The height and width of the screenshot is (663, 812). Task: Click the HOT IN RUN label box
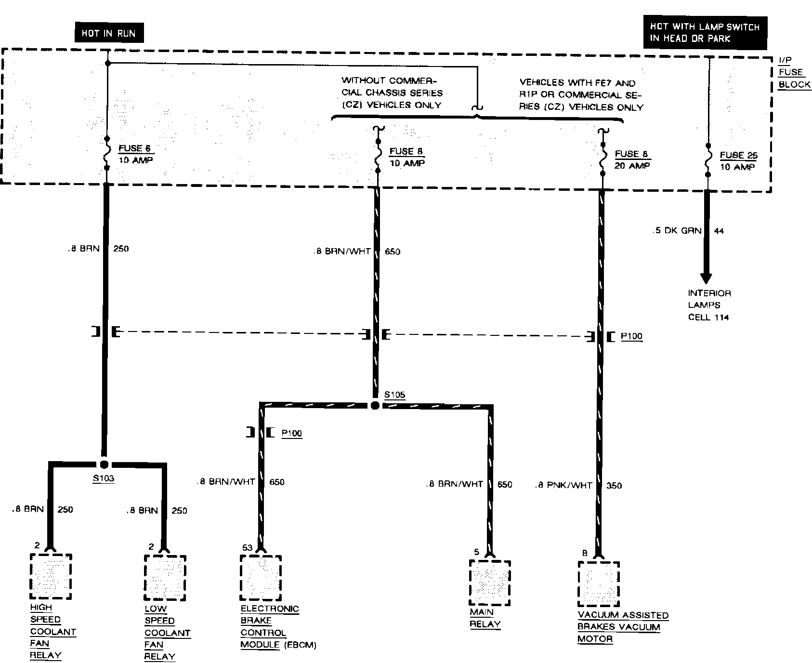coord(108,33)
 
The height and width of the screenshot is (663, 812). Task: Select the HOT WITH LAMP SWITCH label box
coord(705,33)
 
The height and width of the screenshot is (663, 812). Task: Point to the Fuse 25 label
coord(738,156)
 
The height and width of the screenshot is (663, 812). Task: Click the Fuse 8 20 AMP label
coord(632,159)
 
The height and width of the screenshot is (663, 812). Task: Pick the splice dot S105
coord(375,406)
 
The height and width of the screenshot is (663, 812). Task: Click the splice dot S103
coord(104,464)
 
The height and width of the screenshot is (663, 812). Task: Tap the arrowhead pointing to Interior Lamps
coord(706,278)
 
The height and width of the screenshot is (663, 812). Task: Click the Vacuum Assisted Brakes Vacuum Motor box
coord(599,584)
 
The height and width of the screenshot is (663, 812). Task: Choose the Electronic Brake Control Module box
coord(261,578)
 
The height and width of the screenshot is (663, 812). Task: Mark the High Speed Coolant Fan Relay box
coord(51,577)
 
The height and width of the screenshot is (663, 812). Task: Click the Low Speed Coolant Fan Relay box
coord(165,578)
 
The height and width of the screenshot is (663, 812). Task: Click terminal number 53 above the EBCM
coord(247,547)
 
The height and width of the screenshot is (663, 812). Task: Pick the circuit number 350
coord(614,486)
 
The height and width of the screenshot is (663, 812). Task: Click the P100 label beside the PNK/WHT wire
coord(631,336)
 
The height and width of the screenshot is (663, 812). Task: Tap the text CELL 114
coord(708,317)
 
